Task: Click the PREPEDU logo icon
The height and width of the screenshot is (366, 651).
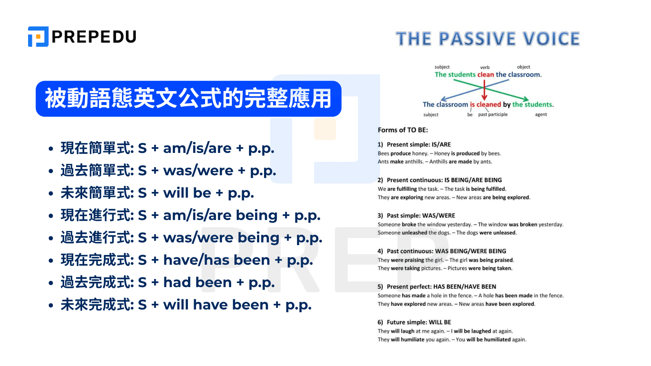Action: click(x=38, y=37)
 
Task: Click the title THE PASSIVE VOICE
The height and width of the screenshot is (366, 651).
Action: click(x=487, y=39)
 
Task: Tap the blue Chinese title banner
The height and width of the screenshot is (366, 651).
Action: click(x=188, y=99)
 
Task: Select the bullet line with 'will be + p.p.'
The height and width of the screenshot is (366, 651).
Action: click(x=157, y=193)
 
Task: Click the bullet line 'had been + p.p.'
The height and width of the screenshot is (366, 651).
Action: click(x=168, y=282)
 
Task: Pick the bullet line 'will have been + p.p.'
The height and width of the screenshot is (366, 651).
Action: click(x=186, y=305)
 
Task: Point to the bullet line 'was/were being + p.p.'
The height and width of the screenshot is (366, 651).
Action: click(x=191, y=237)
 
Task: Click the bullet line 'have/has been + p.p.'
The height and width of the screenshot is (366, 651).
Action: click(x=187, y=260)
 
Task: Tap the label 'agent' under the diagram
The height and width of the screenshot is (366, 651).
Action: click(x=541, y=115)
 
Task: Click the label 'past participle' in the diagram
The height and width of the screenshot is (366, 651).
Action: click(x=493, y=115)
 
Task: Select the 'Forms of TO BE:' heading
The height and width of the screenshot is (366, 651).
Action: click(x=403, y=130)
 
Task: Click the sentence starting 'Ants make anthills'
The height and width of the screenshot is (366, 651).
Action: click(x=435, y=162)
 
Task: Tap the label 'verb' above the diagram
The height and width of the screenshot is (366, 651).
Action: click(x=485, y=68)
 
